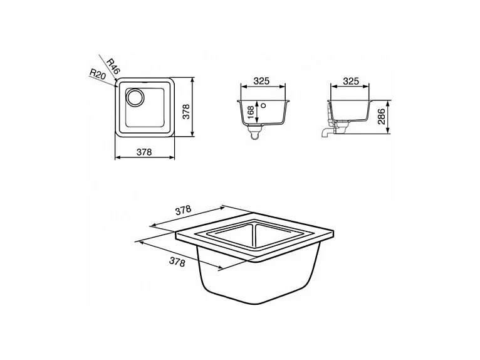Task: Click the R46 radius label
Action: point(113,64)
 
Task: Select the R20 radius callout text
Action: point(97,75)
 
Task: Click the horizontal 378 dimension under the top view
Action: point(145,151)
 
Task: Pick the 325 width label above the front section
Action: point(263,82)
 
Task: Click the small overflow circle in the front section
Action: point(264,105)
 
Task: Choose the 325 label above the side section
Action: point(352,82)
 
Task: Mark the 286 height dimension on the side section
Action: point(381,116)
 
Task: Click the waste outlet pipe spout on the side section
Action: point(324,133)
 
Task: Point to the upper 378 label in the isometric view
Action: point(183,211)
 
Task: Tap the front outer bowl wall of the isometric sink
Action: point(257,282)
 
